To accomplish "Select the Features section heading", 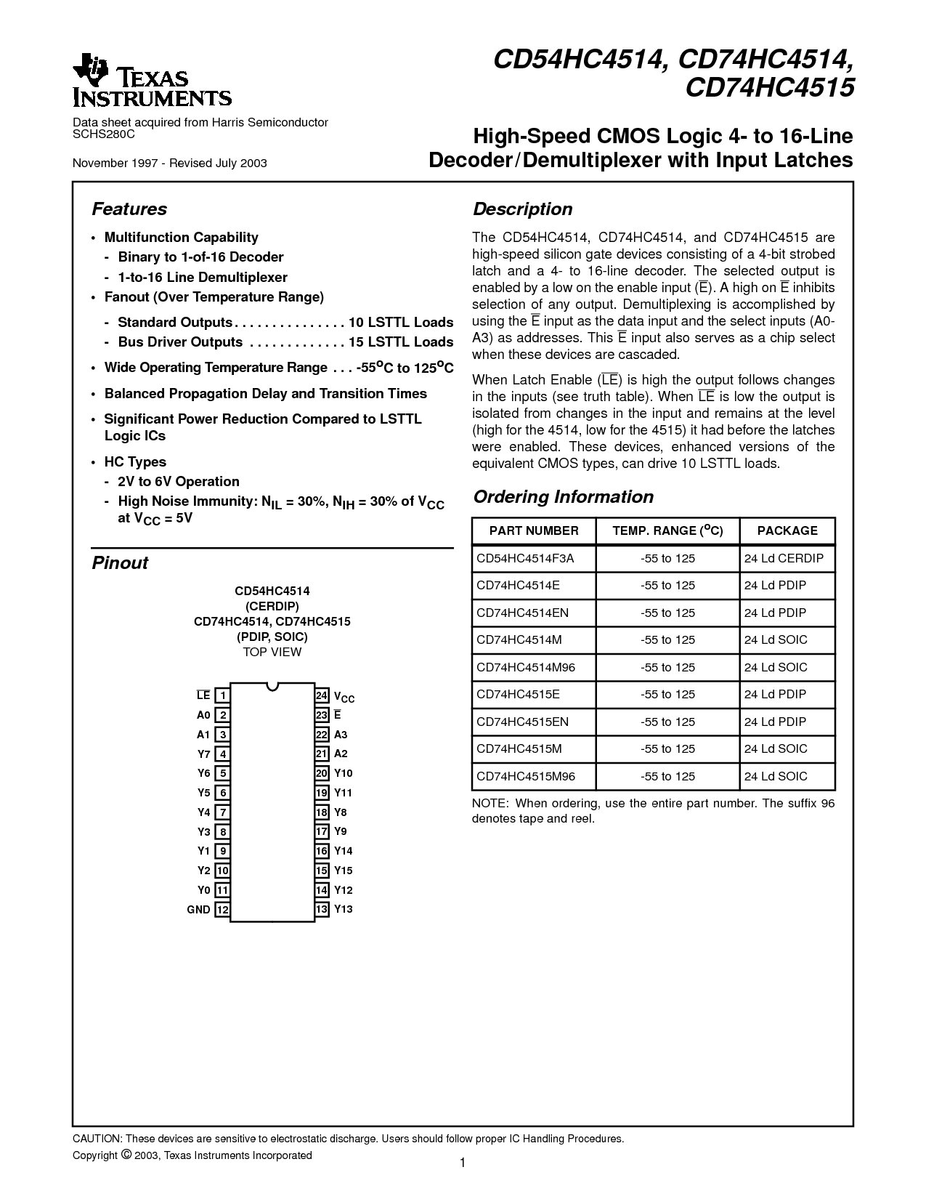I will point(129,209).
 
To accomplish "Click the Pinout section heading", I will point(120,563).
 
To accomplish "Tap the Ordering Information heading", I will point(563,497).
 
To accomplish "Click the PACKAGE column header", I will point(787,530).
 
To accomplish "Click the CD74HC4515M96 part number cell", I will point(525,776).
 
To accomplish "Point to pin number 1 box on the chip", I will point(223,695).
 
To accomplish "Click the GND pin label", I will point(198,910).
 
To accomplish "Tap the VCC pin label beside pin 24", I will point(344,697).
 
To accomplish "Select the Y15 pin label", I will point(344,871).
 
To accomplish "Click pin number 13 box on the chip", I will point(322,909).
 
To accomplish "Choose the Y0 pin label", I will point(203,890).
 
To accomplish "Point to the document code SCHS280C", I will point(104,134).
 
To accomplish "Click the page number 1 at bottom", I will point(463,1163).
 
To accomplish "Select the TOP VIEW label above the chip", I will point(272,652).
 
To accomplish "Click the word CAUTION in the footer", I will point(97,1139).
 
